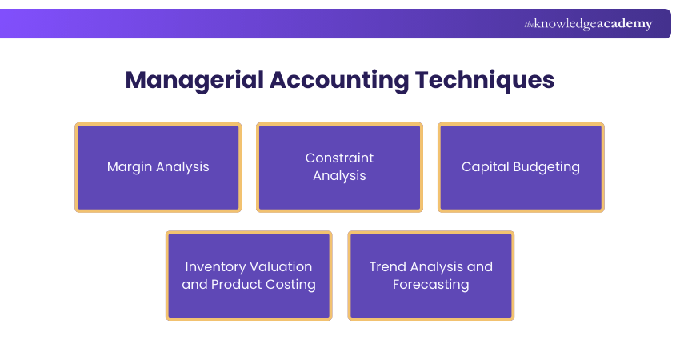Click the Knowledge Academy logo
coord(588,24)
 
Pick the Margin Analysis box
coord(158,167)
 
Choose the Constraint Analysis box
coord(339,167)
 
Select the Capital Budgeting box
coord(521,167)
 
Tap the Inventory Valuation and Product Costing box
coord(249,276)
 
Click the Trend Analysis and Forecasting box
coord(430,276)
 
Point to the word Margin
coord(130,167)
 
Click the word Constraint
coord(339,158)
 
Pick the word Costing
coord(291,285)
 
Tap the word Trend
coord(388,267)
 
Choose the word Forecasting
coord(430,285)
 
